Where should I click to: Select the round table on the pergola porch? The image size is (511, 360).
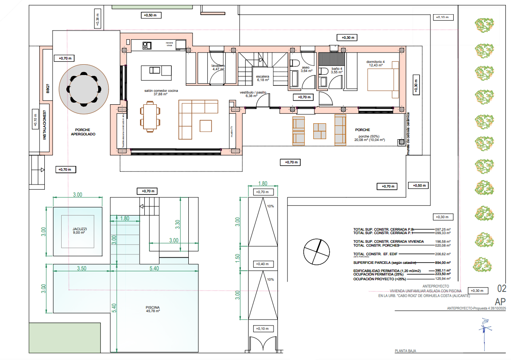(84, 88)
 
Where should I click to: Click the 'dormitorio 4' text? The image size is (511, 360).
(378, 61)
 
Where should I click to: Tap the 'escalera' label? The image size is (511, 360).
(259, 76)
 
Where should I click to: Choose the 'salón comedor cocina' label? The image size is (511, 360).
(160, 91)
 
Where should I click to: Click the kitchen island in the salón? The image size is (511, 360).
(156, 71)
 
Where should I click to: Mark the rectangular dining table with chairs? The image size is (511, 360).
(150, 116)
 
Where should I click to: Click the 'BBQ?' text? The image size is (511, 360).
(47, 88)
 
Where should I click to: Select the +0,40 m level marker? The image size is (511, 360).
(263, 264)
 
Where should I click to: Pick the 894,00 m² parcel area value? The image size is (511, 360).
(442, 263)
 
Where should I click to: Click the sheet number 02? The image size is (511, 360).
(502, 288)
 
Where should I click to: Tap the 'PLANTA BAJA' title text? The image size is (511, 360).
(405, 351)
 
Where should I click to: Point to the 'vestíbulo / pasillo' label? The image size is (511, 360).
(253, 94)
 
